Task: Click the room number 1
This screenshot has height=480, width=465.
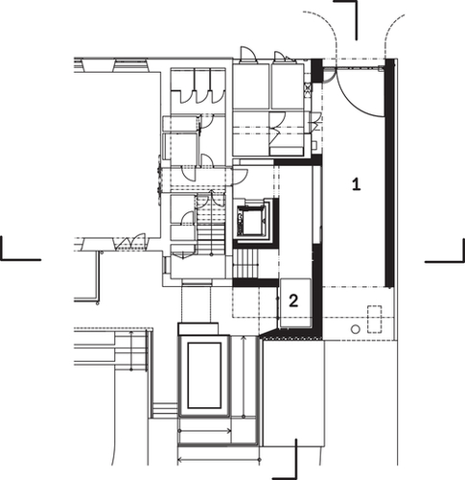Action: [x=356, y=184]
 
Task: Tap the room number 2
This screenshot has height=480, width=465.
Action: [x=293, y=301]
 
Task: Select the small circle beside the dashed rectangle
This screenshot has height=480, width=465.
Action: [x=356, y=329]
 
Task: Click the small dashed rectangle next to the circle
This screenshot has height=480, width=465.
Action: [x=374, y=320]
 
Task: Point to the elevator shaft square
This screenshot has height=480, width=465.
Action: [x=252, y=221]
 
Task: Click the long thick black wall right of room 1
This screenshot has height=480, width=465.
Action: [x=389, y=173]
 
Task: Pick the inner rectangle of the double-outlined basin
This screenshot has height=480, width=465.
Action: [x=204, y=375]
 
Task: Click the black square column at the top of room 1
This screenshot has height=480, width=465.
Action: [x=317, y=71]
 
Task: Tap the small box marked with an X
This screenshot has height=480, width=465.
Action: [x=308, y=87]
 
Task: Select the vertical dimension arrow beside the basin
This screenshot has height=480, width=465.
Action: [x=244, y=376]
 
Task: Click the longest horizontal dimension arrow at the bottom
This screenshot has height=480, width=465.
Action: [x=219, y=460]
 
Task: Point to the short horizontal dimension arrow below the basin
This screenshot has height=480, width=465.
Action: [x=204, y=431]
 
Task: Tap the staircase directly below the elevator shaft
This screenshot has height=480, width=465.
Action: [x=245, y=264]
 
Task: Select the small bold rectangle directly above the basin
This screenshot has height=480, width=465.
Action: [x=198, y=329]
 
